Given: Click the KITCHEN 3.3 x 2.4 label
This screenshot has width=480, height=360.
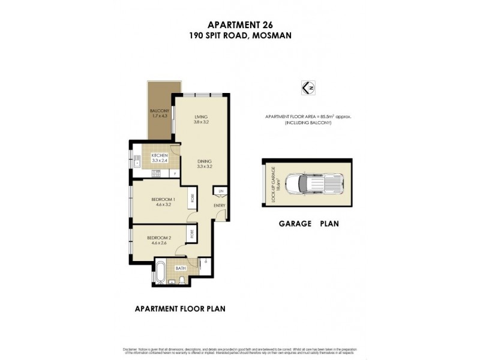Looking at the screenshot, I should point(159,158).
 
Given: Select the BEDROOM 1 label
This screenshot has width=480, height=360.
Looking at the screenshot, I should point(163,202).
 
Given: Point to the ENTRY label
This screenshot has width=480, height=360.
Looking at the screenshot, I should point(220,206).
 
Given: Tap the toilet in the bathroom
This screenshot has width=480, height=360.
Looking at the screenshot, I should point(181,281).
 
